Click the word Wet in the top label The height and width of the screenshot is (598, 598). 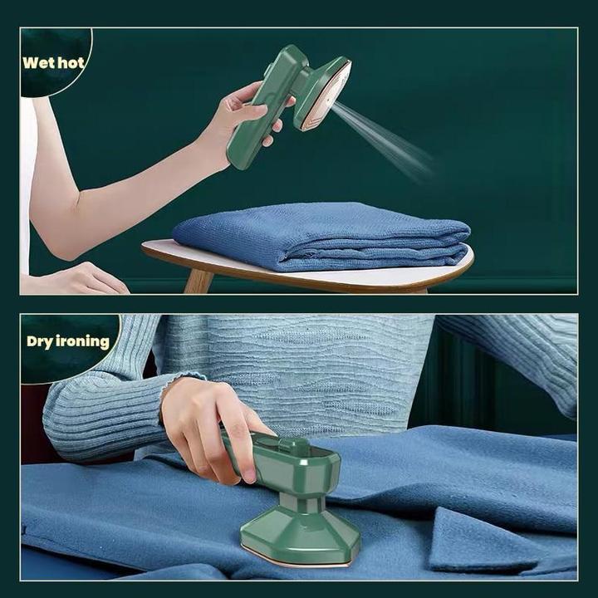pyautogui.click(x=37, y=63)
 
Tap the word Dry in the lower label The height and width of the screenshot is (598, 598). pyautogui.click(x=40, y=341)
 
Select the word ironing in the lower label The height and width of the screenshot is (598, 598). pyautogui.click(x=83, y=342)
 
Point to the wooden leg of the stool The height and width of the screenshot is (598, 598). pyautogui.click(x=198, y=281)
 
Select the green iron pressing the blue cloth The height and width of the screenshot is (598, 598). pyautogui.click(x=295, y=498)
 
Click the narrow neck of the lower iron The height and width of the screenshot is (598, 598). pyautogui.click(x=298, y=502)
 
